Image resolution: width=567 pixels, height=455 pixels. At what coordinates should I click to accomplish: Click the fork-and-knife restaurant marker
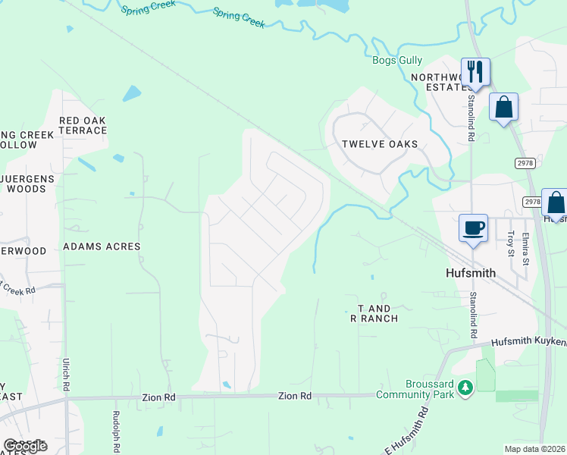tap(475, 72)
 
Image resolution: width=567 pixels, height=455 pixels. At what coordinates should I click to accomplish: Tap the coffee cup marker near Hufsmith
tap(474, 228)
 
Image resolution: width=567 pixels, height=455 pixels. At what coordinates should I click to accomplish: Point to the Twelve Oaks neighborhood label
tap(380, 144)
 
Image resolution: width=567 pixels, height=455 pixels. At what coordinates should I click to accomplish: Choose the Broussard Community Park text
tap(413, 389)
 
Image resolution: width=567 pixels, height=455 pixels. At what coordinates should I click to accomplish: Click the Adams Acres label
tap(102, 246)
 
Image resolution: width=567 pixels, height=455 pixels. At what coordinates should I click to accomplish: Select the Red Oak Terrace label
tap(83, 125)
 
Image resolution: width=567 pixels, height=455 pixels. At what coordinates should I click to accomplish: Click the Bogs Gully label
tap(397, 61)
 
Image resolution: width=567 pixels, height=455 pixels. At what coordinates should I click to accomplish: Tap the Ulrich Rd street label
tap(67, 375)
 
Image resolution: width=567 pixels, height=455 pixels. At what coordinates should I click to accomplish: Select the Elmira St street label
tap(525, 244)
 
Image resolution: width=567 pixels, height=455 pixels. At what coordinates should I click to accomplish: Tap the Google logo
tap(25, 445)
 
